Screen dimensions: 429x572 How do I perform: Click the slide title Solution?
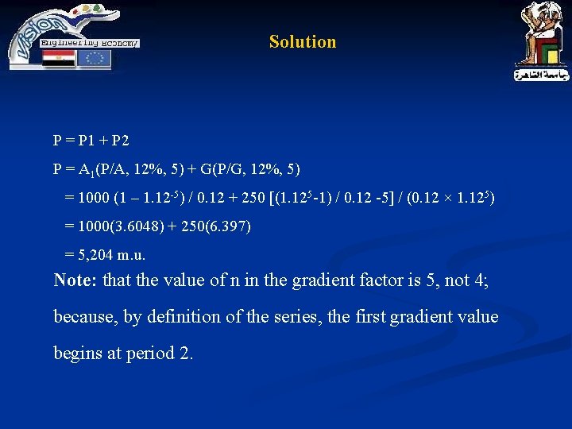pos(302,42)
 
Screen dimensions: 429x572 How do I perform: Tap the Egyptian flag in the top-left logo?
pos(58,58)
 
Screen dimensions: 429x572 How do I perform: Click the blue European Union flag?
pos(95,58)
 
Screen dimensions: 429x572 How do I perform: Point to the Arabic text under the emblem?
pos(541,75)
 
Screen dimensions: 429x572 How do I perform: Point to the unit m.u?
pos(131,256)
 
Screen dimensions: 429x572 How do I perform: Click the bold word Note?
pos(75,280)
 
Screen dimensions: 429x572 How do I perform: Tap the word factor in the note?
pos(383,280)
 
